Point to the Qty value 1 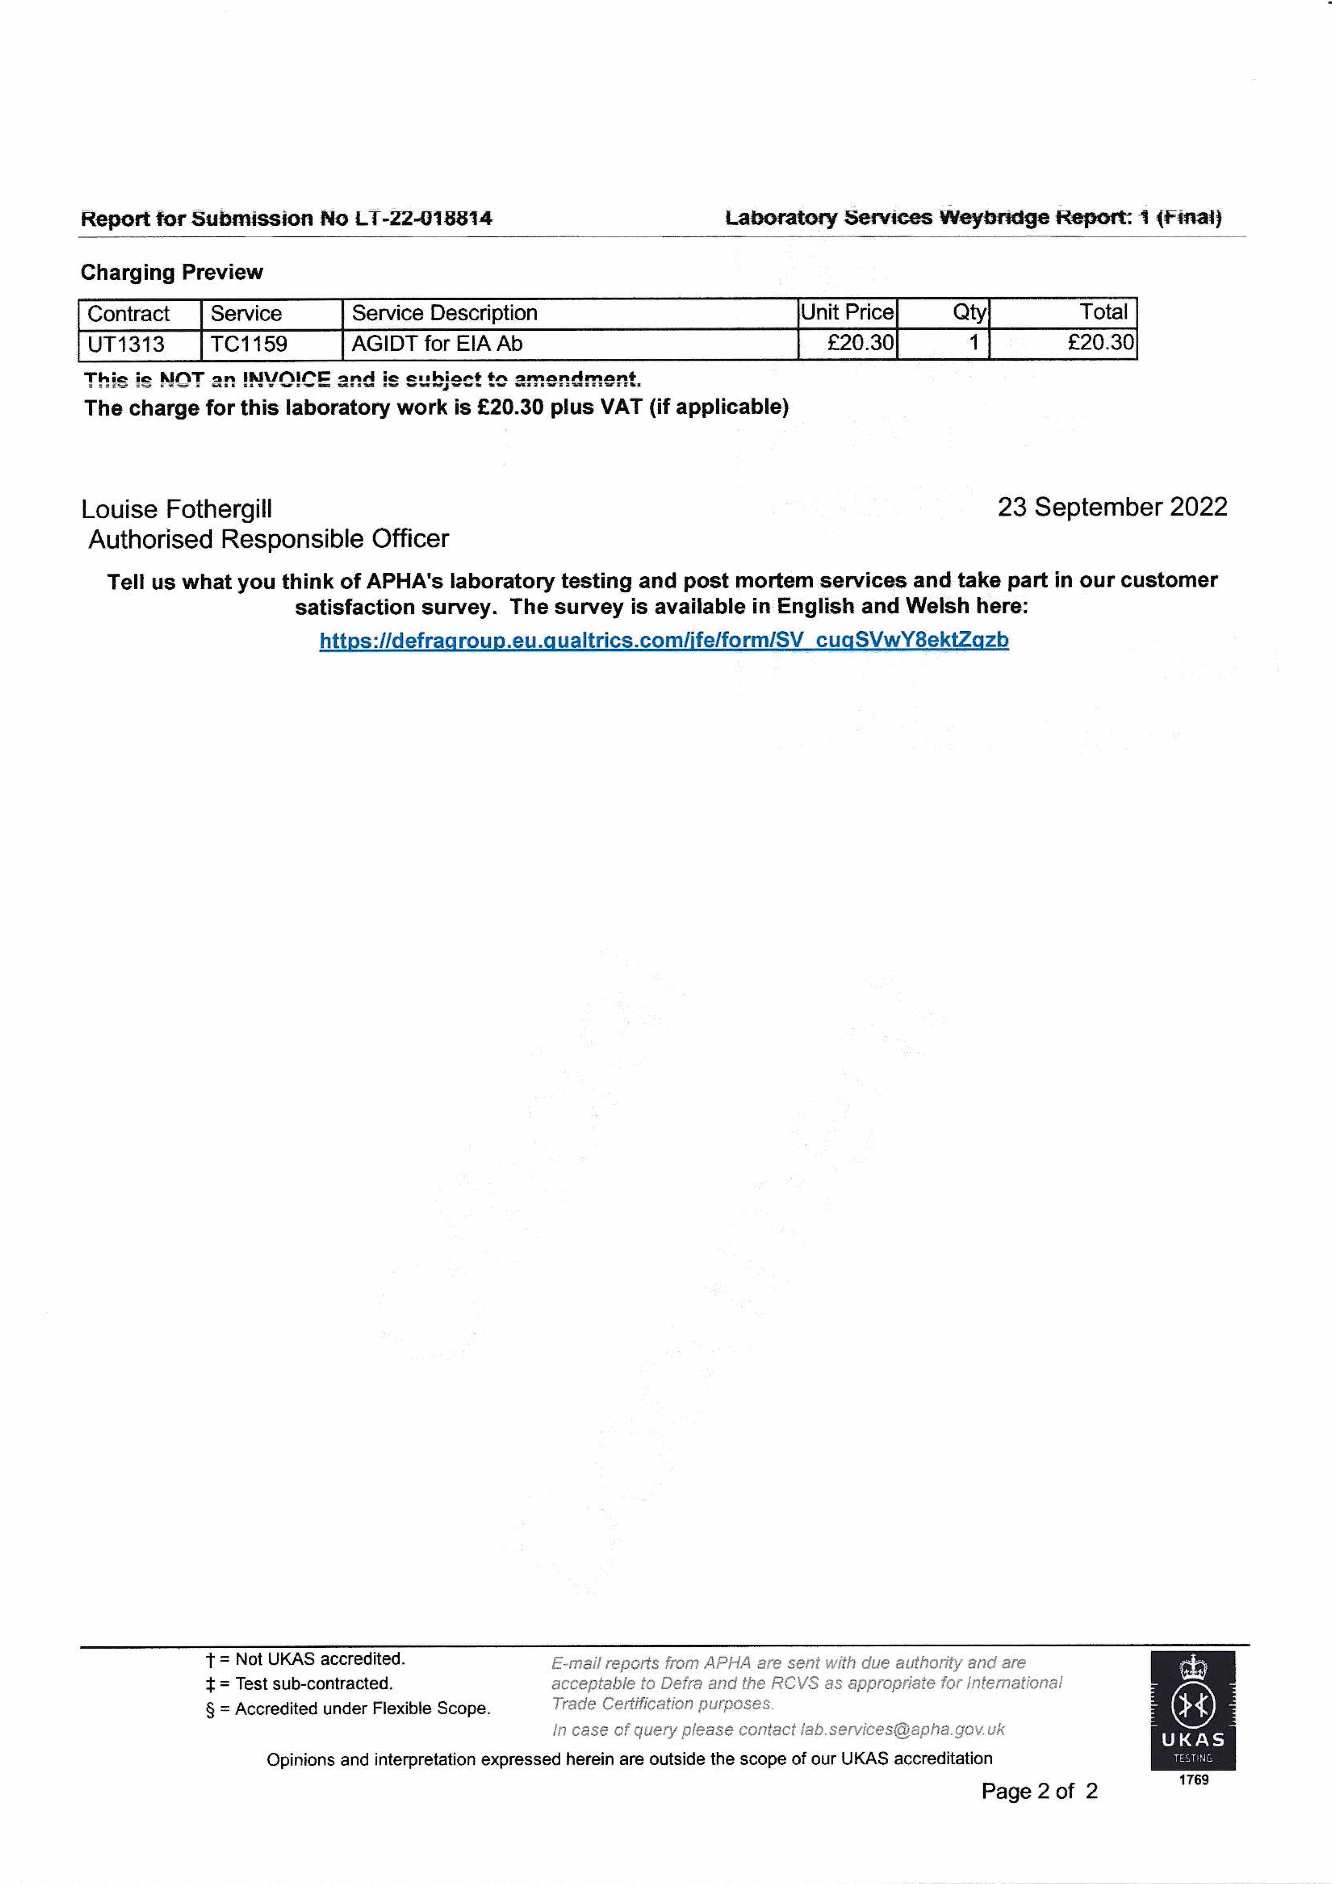point(973,343)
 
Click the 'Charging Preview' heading point(171,272)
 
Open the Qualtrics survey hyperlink point(664,640)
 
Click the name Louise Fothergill point(176,509)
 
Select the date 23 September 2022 point(1112,507)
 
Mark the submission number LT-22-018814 point(424,219)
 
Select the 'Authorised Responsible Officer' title point(268,539)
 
